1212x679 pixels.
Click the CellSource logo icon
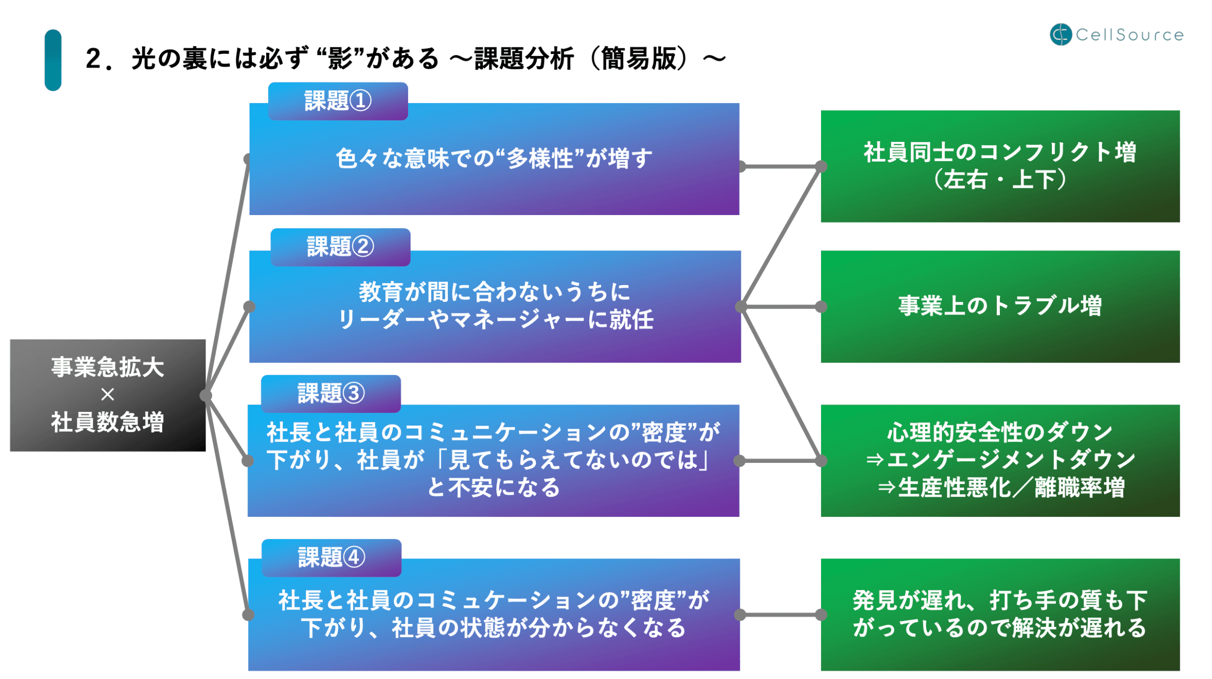(1060, 34)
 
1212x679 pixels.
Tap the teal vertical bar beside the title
(53, 60)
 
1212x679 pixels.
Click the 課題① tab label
(338, 101)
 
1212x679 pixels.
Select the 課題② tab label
(340, 247)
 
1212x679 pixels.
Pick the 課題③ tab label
(331, 393)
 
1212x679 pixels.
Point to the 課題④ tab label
(331, 558)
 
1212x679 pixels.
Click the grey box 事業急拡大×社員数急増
(108, 395)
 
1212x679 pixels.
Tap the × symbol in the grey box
(108, 394)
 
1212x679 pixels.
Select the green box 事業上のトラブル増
(1000, 306)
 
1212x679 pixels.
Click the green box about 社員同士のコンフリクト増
(1000, 166)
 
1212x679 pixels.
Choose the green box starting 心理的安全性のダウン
(1000, 460)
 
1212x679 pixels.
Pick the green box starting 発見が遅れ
(1000, 614)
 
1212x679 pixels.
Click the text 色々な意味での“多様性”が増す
(494, 159)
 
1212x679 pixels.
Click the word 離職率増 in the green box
(1080, 488)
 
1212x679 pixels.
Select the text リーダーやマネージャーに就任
(495, 320)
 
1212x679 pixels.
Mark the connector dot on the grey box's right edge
(206, 395)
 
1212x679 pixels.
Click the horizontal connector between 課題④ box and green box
(780, 614)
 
